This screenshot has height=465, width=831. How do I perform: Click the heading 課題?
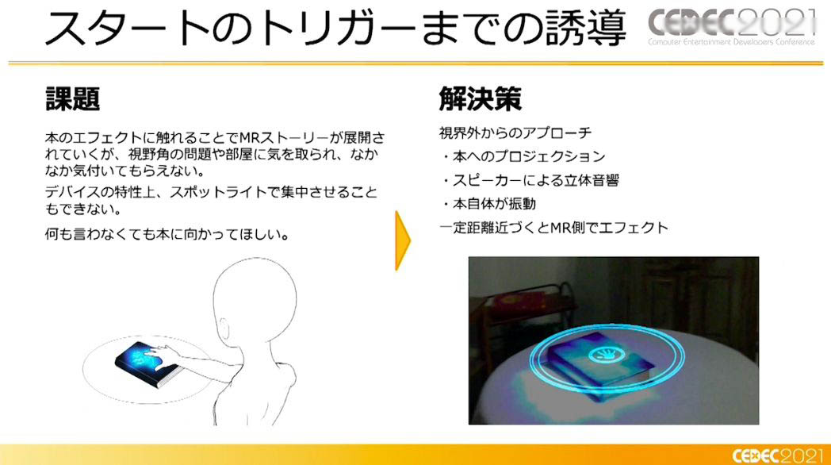(x=73, y=98)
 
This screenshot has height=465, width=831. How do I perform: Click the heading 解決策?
(x=481, y=98)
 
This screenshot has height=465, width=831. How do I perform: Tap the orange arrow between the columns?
(x=402, y=240)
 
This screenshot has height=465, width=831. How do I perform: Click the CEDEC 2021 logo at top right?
(x=731, y=26)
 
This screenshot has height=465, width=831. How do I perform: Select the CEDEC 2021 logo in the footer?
(x=778, y=455)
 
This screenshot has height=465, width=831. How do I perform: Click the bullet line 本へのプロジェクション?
(x=523, y=156)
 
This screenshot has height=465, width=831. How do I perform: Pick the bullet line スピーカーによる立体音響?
(x=530, y=180)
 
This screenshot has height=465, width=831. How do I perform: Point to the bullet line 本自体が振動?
(x=488, y=204)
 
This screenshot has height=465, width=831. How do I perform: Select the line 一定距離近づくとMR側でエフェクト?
(x=553, y=228)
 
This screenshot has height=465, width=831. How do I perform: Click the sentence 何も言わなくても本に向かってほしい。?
(x=167, y=234)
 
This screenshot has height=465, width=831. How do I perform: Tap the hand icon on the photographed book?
(x=606, y=353)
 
